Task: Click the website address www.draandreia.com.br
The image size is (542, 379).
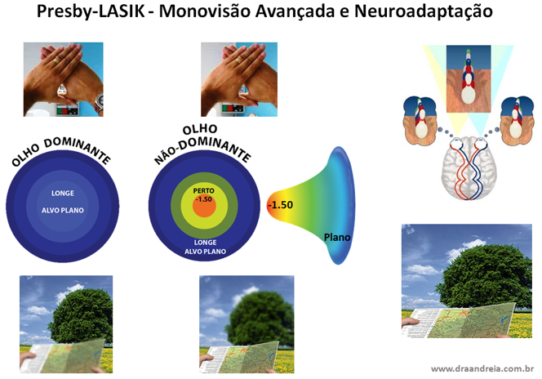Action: coord(482,368)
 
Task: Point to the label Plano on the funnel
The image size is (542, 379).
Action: coord(338,237)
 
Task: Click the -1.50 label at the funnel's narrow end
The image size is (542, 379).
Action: coord(279,203)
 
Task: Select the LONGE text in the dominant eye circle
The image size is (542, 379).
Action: coord(62,194)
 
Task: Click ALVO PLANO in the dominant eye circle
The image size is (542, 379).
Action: coord(62,210)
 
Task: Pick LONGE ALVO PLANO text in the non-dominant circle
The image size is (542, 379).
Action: coord(204,247)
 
